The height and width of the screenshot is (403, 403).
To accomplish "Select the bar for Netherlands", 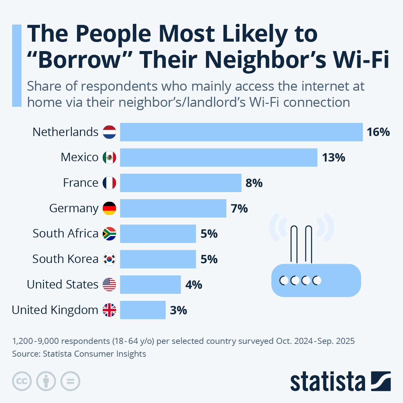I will [241, 132].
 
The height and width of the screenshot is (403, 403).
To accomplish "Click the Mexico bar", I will [218, 158].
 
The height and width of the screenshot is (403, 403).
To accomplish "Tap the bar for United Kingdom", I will [143, 310].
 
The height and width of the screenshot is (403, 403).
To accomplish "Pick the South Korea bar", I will [158, 259].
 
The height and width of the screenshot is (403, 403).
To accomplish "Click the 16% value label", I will [378, 132].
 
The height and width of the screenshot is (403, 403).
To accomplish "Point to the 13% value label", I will [333, 158].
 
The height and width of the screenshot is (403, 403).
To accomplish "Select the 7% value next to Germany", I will [239, 209].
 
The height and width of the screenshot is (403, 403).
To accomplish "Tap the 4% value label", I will [194, 285].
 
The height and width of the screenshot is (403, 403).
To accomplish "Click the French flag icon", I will [109, 183].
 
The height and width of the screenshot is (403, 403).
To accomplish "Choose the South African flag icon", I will [109, 234].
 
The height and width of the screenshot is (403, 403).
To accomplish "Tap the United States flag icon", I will [109, 284].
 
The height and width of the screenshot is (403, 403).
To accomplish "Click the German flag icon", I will [109, 208].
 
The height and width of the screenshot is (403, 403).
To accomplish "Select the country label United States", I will [62, 284].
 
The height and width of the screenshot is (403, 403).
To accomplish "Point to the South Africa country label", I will [65, 233].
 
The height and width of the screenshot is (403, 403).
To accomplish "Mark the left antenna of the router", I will [294, 244].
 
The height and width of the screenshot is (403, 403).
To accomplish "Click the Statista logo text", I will [327, 382].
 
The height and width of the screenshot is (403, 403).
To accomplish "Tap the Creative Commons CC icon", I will [22, 381].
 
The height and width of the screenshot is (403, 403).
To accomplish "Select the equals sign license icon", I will [70, 381].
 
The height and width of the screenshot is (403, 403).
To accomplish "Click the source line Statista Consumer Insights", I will [79, 354].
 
